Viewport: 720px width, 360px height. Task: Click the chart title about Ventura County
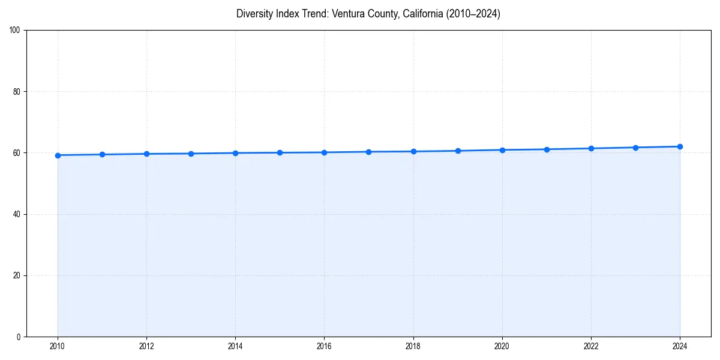[368, 14]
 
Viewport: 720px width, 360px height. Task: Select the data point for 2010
[58, 155]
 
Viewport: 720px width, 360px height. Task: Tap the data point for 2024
[680, 146]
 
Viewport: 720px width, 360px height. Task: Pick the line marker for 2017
[368, 152]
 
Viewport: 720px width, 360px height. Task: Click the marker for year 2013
[191, 154]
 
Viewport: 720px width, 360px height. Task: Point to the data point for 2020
[502, 150]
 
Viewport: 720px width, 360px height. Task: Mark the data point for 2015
[280, 152]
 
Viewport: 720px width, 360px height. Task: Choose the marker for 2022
[591, 148]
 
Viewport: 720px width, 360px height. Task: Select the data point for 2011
[102, 155]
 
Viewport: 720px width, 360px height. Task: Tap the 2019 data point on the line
[458, 151]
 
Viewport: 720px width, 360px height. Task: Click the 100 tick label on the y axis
[15, 31]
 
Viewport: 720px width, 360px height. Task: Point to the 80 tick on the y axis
[17, 92]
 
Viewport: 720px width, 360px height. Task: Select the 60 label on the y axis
[17, 153]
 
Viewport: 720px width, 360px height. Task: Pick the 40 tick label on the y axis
[17, 214]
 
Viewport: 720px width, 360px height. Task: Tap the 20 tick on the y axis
[17, 275]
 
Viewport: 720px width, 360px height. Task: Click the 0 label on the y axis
[19, 337]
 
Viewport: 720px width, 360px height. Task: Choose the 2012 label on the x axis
[146, 346]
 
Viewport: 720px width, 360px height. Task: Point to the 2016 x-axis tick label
[324, 346]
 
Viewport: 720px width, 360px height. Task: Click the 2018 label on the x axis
[413, 346]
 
